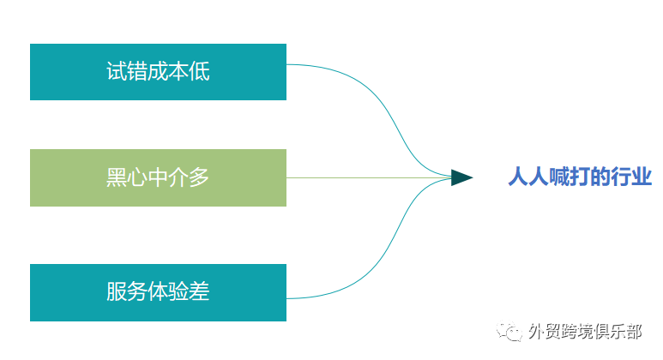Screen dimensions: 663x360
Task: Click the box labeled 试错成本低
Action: (158, 72)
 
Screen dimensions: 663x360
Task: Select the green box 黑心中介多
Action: (158, 178)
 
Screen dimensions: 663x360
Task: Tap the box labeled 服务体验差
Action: (158, 292)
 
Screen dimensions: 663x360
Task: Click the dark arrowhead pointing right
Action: (461, 177)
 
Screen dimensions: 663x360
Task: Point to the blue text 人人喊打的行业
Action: (580, 177)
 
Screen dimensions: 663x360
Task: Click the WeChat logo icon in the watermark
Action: (509, 331)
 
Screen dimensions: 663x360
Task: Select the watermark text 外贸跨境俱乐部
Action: (585, 331)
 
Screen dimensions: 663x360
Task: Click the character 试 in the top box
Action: (117, 71)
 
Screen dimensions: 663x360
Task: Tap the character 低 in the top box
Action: (200, 71)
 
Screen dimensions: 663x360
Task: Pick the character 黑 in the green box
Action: (117, 177)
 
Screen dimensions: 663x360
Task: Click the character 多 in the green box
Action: (199, 177)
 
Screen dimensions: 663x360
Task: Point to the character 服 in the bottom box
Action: (117, 291)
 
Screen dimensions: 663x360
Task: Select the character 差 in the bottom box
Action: (199, 291)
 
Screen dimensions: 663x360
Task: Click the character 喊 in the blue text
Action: (559, 177)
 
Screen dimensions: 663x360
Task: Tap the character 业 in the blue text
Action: (642, 177)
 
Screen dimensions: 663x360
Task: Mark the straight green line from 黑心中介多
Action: (369, 178)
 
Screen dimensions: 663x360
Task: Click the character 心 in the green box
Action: (137, 177)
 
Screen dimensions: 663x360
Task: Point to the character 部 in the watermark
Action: (633, 331)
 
